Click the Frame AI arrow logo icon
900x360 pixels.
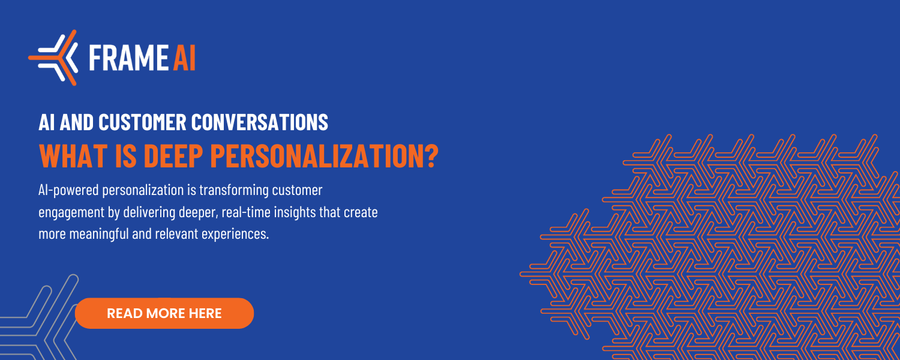53,58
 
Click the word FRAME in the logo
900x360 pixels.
128,58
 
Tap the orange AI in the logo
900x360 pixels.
184,58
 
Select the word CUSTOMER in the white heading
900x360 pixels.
142,122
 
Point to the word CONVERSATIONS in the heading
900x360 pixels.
260,122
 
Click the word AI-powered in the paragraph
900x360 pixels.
69,190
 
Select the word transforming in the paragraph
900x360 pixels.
234,190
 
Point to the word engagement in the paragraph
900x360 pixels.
71,212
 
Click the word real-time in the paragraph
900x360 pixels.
246,212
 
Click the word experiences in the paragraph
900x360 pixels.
235,234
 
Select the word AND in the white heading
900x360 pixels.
77,122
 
